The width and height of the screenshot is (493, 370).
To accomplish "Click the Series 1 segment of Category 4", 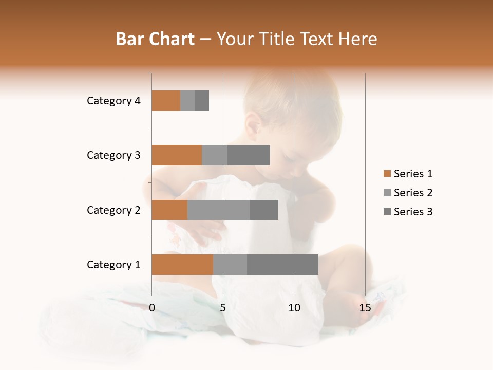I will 166,101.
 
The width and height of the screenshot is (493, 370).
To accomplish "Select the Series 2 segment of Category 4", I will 187,101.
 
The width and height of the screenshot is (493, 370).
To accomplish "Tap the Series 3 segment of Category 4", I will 202,101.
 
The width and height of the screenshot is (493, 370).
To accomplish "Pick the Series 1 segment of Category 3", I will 177,155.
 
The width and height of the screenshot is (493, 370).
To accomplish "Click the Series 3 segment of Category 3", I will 249,155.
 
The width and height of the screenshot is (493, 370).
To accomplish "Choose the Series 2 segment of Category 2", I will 219,210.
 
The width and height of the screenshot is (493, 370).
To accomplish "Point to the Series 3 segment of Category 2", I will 264,210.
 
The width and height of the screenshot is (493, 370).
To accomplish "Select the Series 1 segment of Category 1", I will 182,265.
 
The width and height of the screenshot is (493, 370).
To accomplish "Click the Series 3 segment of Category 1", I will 282,265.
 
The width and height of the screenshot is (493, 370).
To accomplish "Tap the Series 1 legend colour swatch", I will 387,174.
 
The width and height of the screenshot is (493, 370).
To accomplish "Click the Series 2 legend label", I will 413,193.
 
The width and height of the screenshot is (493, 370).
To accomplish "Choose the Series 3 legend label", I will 413,212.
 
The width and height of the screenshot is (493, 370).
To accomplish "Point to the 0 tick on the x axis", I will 152,308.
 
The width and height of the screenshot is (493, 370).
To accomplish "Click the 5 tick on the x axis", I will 223,308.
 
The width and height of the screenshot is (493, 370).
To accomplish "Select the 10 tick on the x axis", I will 294,308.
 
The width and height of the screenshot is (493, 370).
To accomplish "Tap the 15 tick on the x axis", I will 365,308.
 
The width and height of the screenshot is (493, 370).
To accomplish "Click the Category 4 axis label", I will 113,101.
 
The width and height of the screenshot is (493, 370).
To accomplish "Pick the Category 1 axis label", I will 113,265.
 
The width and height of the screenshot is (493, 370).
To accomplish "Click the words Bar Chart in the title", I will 155,39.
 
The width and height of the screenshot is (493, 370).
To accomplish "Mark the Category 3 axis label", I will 113,155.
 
